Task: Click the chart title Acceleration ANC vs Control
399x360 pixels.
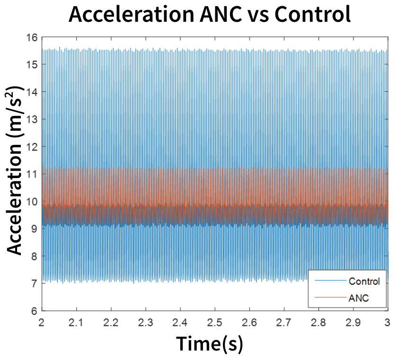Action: click(210, 15)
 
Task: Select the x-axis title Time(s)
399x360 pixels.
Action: click(210, 343)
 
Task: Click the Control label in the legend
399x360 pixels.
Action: click(364, 281)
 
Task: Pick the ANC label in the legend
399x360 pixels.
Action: click(358, 298)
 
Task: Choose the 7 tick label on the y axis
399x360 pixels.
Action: click(35, 284)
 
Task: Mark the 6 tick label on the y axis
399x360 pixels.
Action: click(35, 311)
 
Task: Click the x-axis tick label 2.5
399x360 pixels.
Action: click(215, 322)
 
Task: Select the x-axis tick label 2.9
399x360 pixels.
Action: click(353, 322)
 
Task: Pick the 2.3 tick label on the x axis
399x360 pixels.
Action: click(146, 322)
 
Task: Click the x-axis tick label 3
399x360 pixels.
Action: click(388, 322)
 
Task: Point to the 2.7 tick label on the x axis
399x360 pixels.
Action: click(284, 322)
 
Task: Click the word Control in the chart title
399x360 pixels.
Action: click(312, 15)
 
